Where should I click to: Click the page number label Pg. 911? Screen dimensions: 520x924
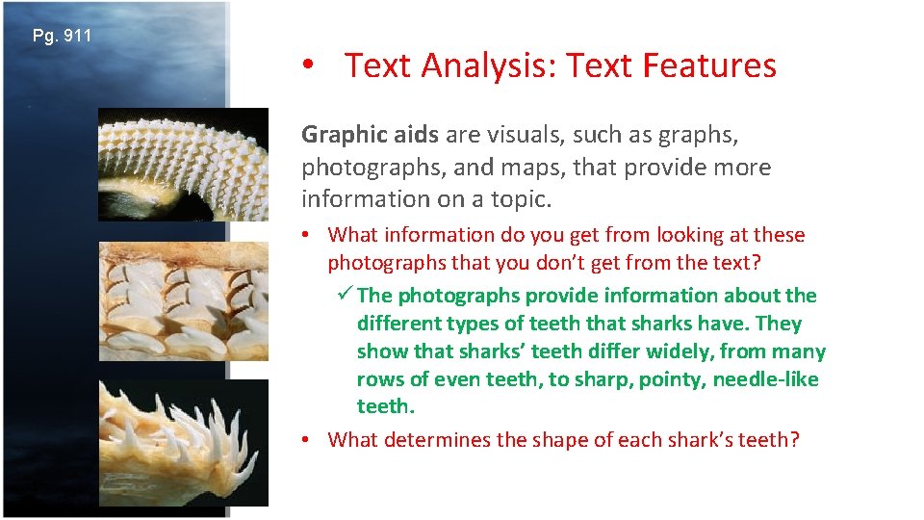(63, 37)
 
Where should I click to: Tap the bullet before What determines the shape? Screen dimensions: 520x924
(304, 440)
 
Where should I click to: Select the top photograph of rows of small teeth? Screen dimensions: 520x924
(183, 164)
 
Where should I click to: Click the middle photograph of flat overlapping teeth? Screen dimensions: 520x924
(183, 300)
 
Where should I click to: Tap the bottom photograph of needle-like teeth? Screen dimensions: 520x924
(183, 441)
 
